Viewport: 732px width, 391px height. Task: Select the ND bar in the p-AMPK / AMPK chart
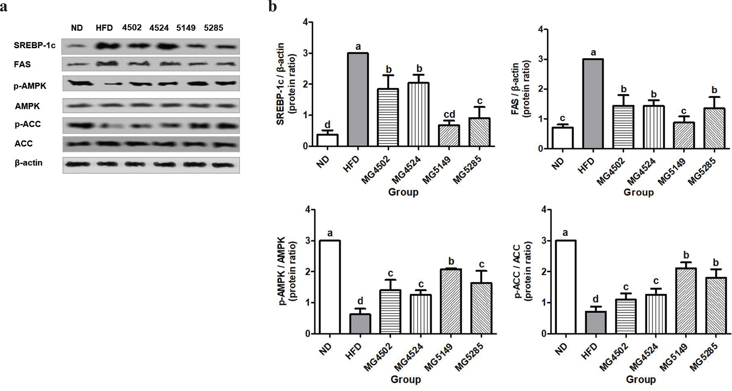(330, 287)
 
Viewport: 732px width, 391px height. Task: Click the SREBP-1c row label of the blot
(34, 46)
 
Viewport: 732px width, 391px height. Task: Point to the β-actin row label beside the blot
(29, 163)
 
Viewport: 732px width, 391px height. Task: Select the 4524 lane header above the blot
(159, 28)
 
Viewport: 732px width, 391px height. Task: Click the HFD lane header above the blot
(104, 28)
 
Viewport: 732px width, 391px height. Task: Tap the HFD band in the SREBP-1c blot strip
(105, 46)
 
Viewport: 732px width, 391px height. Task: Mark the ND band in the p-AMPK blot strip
(77, 83)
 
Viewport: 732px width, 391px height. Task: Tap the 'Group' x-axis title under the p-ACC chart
(640, 380)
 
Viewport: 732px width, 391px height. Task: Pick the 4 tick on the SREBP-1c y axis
(305, 22)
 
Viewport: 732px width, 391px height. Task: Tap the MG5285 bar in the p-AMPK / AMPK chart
(481, 308)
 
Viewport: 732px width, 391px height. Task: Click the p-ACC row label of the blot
(27, 125)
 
